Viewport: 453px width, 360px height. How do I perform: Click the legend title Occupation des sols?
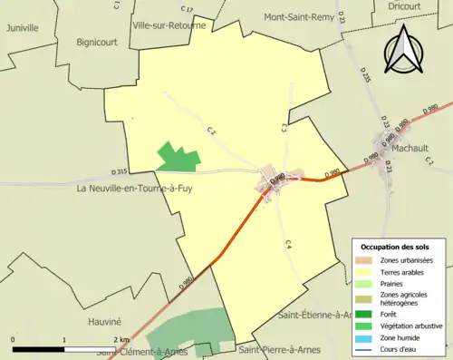(x=395, y=247)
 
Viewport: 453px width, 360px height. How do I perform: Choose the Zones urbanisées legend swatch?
(x=365, y=260)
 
